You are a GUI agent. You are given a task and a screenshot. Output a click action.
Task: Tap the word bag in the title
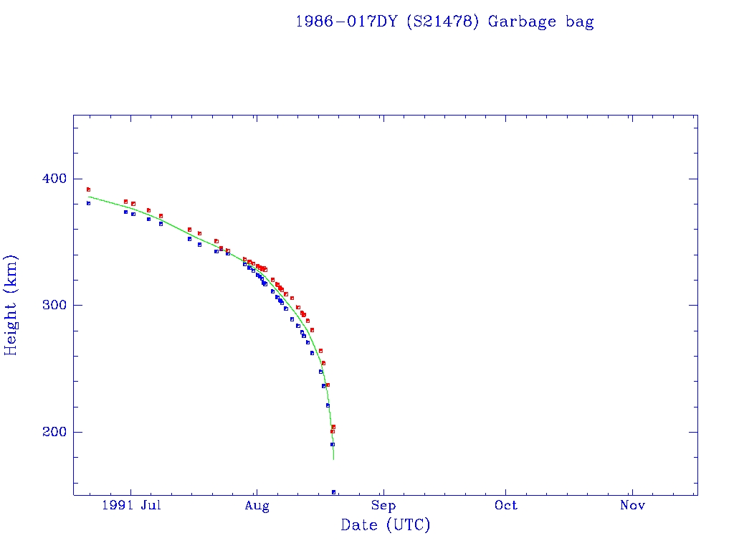578,22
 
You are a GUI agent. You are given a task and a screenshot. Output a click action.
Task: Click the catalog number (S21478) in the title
442,22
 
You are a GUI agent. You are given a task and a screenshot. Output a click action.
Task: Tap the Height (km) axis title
11,305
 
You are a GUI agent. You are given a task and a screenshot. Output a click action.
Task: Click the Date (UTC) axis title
386,526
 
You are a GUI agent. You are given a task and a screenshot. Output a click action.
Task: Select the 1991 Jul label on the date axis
130,506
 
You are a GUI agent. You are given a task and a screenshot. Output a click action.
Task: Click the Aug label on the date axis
257,506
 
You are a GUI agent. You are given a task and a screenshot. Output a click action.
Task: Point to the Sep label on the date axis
383,506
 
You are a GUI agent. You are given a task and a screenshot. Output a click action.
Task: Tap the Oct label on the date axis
506,506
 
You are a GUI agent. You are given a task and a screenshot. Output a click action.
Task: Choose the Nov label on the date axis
632,506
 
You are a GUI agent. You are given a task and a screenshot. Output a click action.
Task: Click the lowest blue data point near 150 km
333,492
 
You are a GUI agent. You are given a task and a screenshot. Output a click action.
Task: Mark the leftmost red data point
88,189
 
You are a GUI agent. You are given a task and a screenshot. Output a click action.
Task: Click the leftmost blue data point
88,203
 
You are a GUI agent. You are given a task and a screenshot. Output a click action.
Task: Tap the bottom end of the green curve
333,458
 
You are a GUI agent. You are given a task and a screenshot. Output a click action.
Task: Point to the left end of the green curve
88,196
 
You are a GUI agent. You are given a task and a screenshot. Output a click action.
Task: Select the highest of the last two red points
333,427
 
